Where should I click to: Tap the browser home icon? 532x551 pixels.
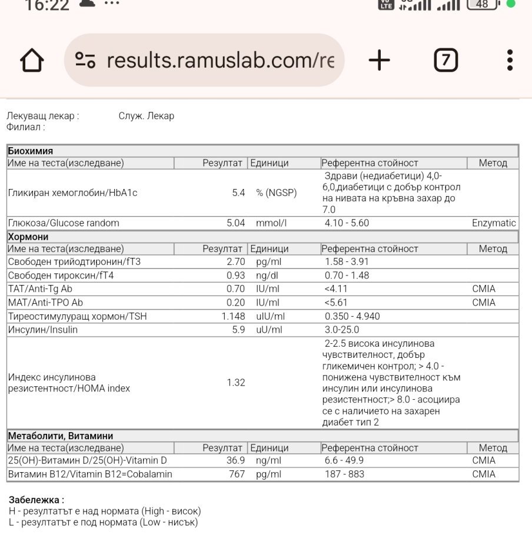click(x=32, y=61)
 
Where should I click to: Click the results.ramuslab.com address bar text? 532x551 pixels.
click(x=220, y=60)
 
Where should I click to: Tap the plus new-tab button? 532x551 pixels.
click(x=380, y=60)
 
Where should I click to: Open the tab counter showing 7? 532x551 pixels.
click(x=446, y=60)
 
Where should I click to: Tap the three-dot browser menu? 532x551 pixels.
click(x=510, y=60)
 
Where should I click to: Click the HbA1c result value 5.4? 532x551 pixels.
click(x=238, y=192)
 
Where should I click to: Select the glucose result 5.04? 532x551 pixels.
click(x=235, y=223)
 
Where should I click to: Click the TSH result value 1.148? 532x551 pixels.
click(x=233, y=316)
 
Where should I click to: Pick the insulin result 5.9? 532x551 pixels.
click(x=238, y=330)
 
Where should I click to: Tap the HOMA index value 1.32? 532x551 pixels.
click(x=235, y=383)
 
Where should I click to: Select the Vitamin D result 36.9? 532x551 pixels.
click(x=235, y=460)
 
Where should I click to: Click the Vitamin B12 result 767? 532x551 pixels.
click(x=237, y=474)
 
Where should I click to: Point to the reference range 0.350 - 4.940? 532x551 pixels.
click(x=352, y=316)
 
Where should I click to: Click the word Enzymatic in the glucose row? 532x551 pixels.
click(x=494, y=223)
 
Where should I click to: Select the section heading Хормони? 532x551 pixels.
click(x=28, y=237)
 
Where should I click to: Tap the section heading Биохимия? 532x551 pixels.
click(x=30, y=151)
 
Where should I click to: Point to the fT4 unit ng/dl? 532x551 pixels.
click(x=267, y=275)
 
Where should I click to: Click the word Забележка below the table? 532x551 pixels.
click(x=36, y=500)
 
